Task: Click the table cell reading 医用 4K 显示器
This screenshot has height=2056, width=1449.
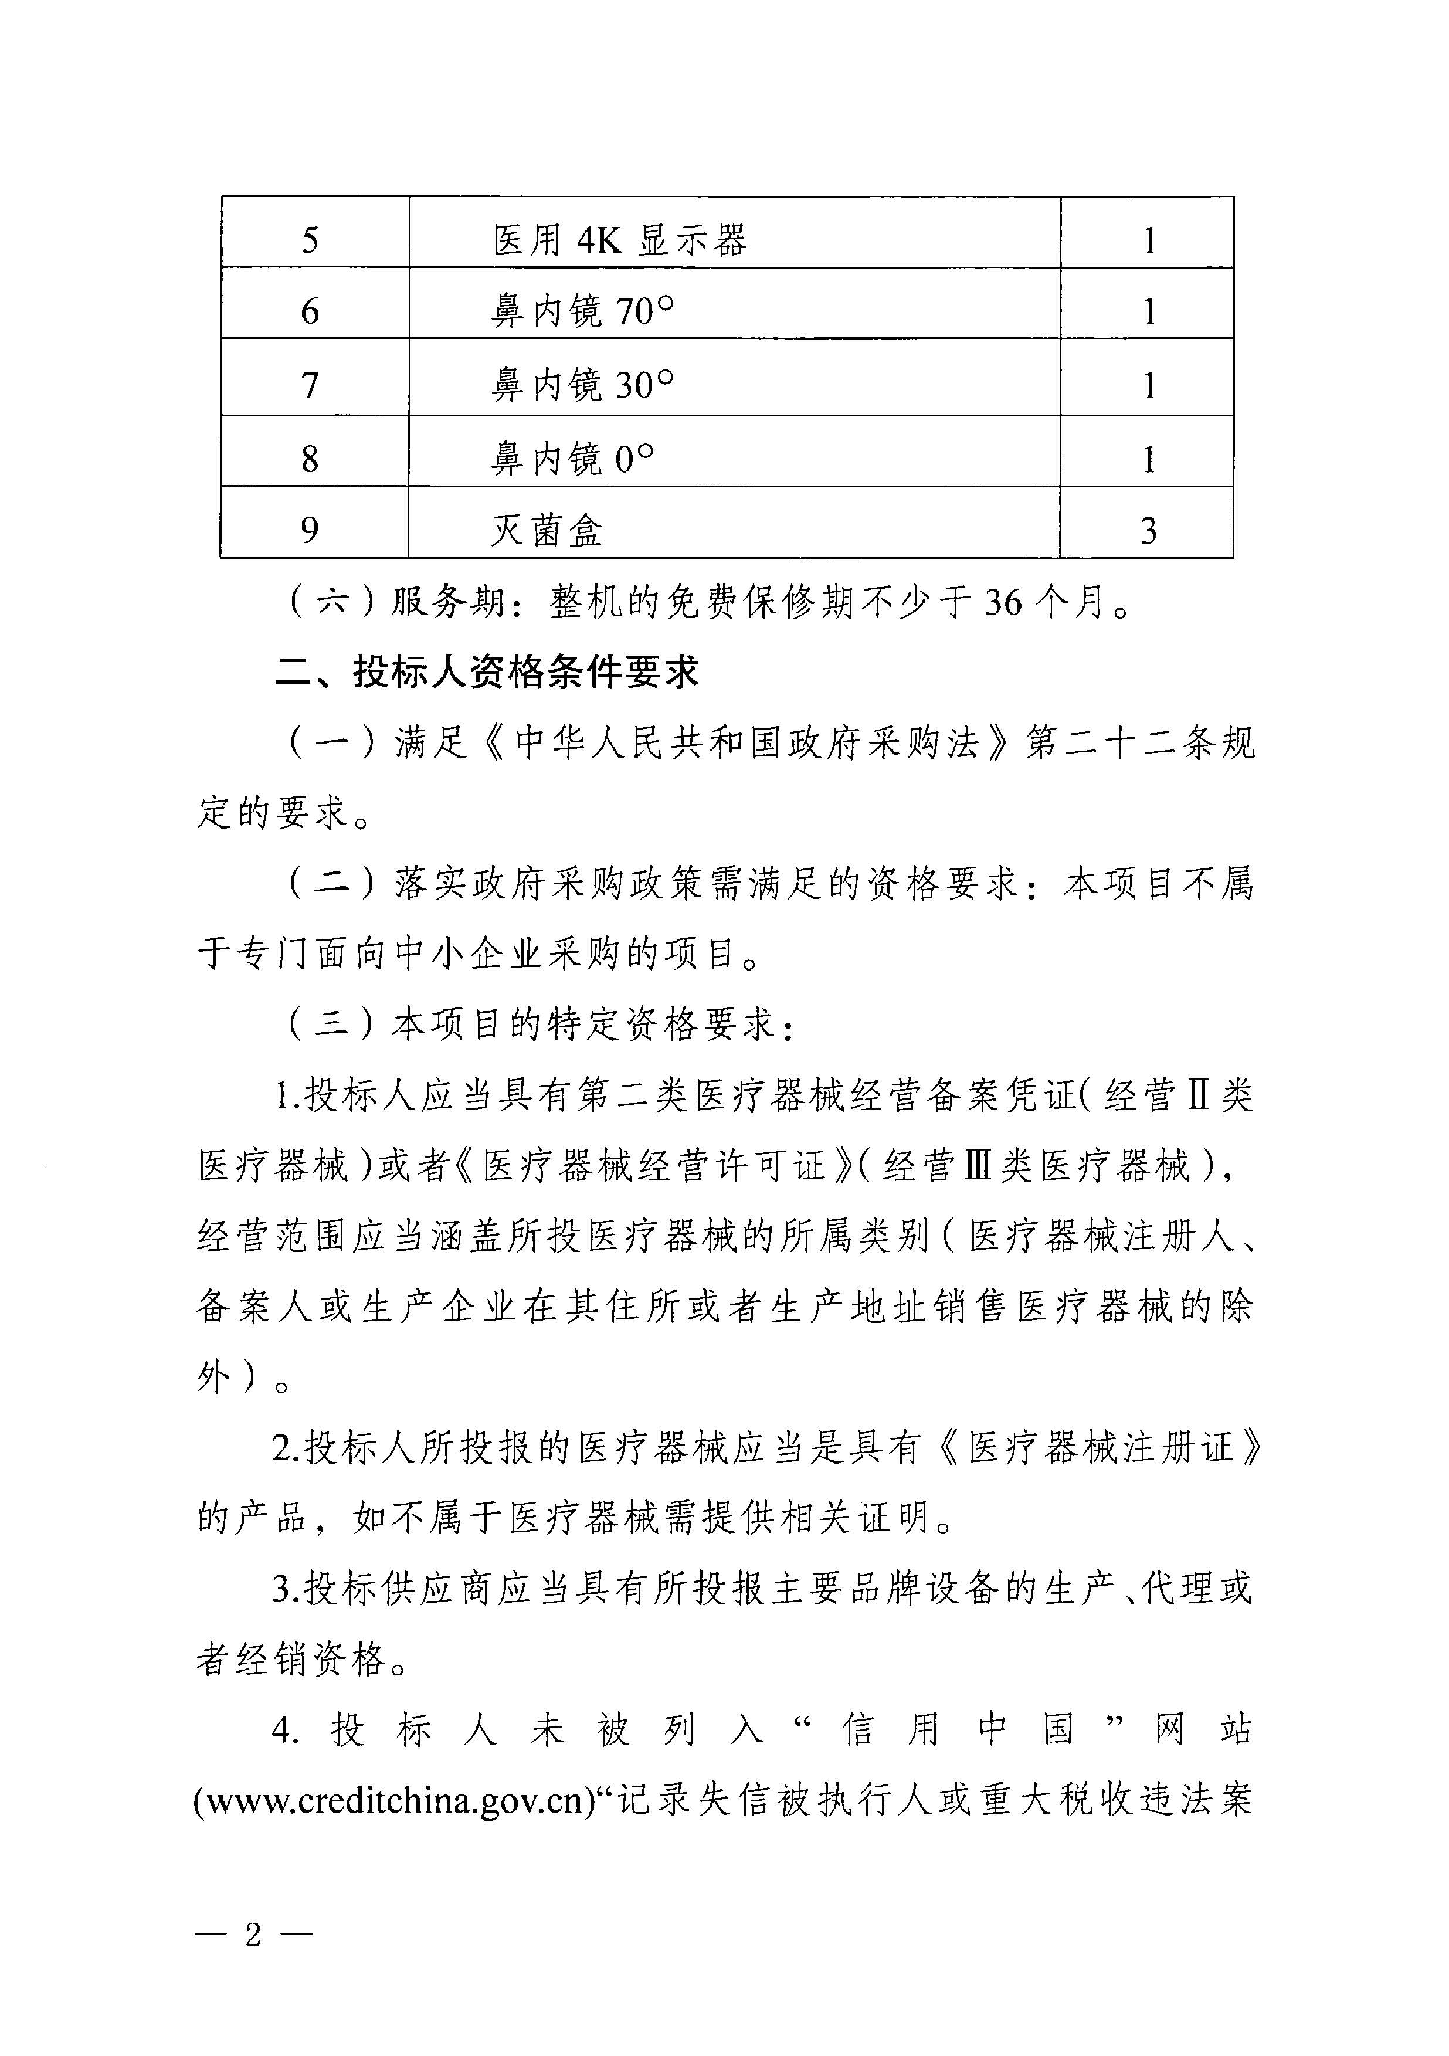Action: [620, 240]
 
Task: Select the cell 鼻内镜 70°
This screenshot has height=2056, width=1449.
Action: [583, 311]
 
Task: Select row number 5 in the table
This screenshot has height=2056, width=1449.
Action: [310, 240]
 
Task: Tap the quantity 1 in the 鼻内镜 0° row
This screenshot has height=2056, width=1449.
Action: [1148, 459]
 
